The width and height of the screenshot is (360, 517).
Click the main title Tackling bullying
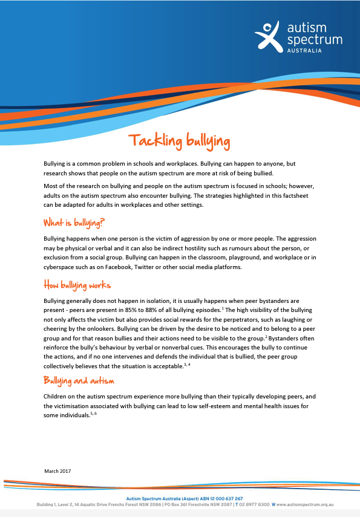[x=179, y=141]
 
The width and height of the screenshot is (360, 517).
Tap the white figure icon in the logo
[x=267, y=36]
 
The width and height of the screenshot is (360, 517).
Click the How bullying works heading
[x=77, y=284]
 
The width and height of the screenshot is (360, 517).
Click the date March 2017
[x=58, y=470]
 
